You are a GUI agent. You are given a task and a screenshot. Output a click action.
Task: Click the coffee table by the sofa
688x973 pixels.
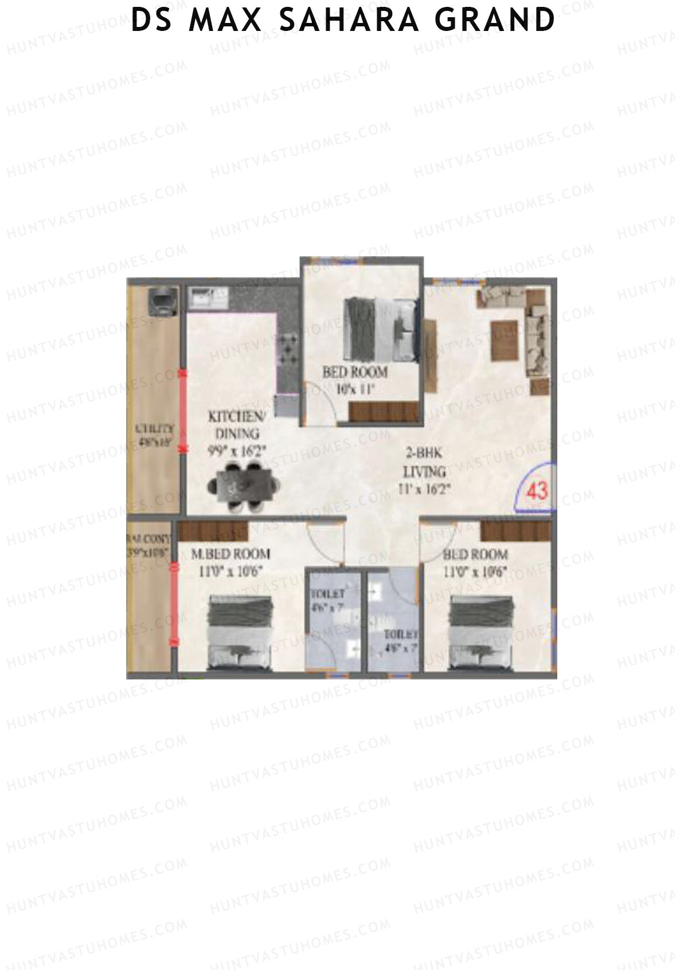[504, 339]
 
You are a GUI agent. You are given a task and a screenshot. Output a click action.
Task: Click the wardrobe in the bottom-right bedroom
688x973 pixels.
[515, 530]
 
